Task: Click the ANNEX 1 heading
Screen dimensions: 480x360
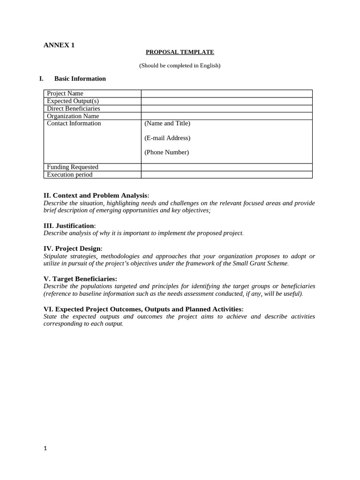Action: [x=59, y=45]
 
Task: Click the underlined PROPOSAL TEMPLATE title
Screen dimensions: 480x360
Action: [x=180, y=52]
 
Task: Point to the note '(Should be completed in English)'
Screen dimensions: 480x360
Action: [x=180, y=66]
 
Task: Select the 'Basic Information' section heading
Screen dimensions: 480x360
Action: [x=80, y=79]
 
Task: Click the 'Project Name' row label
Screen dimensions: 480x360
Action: [x=65, y=94]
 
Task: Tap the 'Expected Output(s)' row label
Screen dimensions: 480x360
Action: [x=73, y=101]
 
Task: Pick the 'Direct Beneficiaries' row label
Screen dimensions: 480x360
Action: [x=74, y=109]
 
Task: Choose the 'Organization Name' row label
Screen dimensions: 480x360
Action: [x=73, y=116]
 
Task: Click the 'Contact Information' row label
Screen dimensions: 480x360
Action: [x=74, y=124]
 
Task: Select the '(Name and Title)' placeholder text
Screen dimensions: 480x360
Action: [x=167, y=124]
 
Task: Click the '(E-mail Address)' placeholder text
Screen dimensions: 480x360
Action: [x=167, y=138]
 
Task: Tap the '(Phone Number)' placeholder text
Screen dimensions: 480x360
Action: [x=166, y=152]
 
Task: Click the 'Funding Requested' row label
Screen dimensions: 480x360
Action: [x=73, y=167]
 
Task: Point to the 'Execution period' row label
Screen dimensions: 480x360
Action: [x=70, y=175]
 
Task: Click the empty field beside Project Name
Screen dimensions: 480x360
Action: [x=226, y=94]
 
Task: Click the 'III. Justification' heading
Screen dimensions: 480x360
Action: [x=69, y=226]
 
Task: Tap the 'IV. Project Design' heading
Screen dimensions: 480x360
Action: [x=73, y=248]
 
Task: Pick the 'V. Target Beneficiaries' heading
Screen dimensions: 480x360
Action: [x=80, y=279]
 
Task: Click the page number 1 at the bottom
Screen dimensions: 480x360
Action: [x=45, y=448]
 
